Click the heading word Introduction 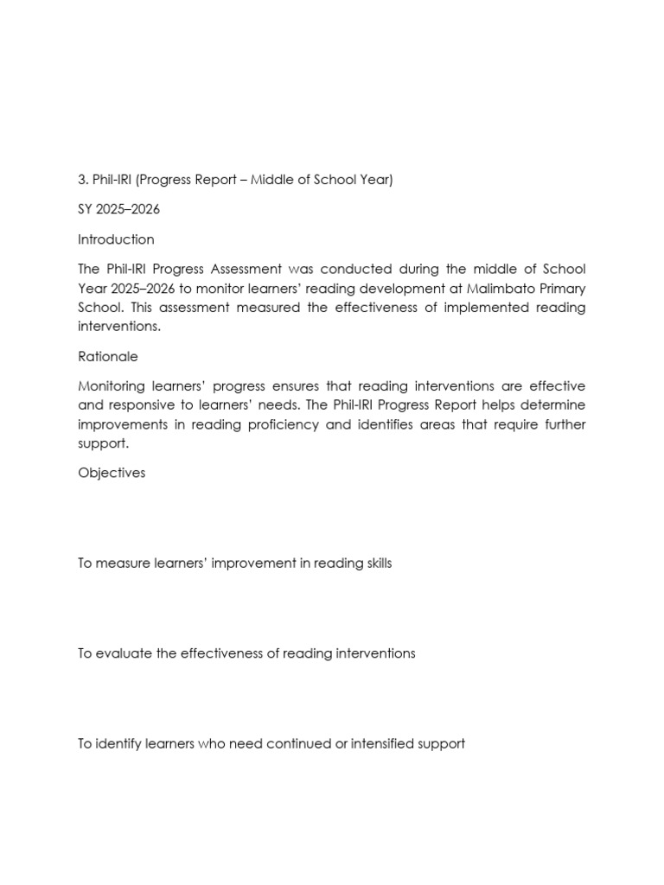(116, 239)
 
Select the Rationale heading (108, 356)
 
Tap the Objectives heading (112, 473)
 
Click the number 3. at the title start (83, 180)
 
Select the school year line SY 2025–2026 (118, 209)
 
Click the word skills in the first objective (374, 563)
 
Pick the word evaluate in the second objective (123, 653)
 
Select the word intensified (391, 743)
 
